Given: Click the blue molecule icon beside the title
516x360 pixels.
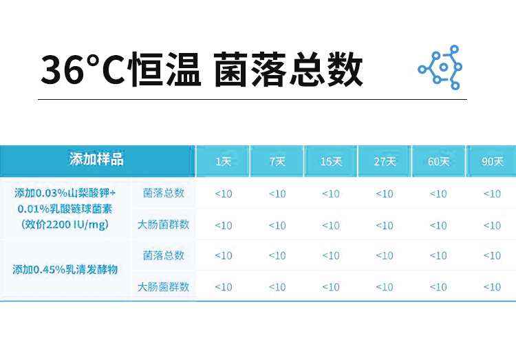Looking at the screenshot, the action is coord(440,67).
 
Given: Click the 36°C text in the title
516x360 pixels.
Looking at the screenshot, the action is coord(83,70).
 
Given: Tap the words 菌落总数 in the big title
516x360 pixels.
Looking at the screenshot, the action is coord(288,69).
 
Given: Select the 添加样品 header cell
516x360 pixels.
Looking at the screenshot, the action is coord(96,160).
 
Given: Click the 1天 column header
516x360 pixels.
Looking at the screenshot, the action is coord(224,161).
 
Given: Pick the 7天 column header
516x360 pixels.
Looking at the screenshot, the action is coord(277,161).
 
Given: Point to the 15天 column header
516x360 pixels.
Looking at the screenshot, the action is coord(331,161).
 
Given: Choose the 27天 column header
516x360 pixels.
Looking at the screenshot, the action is coord(385,161).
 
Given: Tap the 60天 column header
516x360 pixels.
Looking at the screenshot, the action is coord(439,161).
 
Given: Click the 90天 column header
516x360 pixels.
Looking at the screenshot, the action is coord(493,161).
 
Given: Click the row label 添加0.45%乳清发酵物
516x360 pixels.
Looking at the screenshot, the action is coord(65,270).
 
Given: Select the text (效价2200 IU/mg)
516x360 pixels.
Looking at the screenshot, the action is coord(65,224).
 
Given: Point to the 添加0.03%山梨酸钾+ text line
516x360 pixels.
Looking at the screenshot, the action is coord(65,193).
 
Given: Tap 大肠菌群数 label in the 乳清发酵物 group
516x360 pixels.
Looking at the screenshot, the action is coord(163,287).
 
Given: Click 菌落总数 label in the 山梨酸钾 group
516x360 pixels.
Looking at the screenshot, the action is coord(164,193).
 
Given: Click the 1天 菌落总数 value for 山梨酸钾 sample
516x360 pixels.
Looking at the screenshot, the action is coord(224,194).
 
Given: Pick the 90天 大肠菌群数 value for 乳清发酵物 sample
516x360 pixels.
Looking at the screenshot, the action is coord(493,287).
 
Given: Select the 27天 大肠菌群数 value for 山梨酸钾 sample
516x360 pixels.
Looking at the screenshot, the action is coord(385,226).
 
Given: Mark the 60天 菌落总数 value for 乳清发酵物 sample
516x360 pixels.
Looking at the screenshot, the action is coord(439,255).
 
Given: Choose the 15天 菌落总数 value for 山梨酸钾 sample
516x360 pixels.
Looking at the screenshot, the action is coord(331,194).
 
